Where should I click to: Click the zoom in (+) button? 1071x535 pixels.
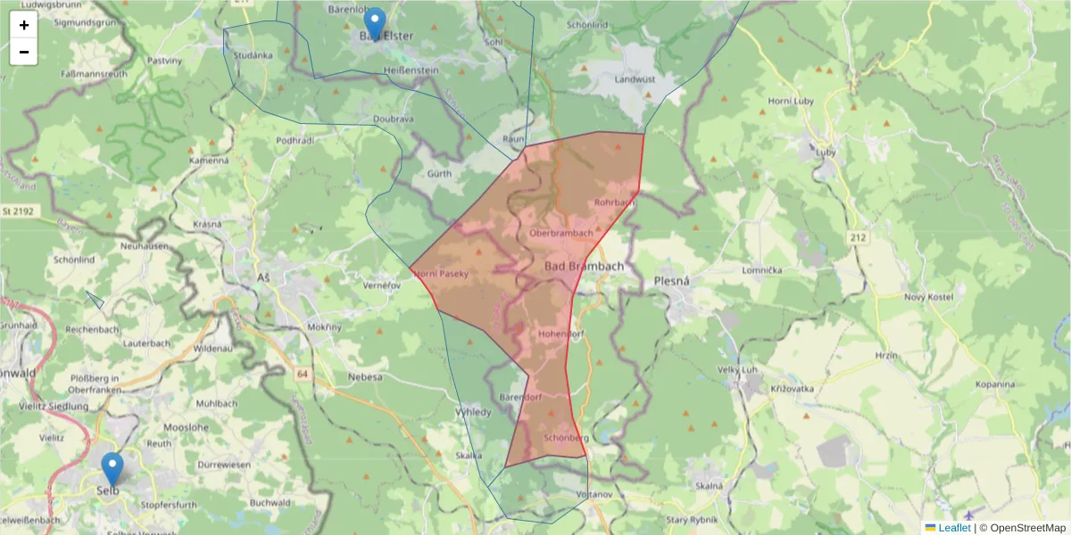point(23,25)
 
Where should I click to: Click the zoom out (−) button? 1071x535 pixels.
point(23,52)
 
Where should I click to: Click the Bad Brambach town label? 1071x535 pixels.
point(584,267)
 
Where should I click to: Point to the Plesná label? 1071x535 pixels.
point(673,281)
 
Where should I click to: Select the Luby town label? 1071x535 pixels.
point(826,152)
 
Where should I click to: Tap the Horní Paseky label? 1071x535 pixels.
point(441,274)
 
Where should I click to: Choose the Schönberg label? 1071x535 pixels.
point(564,439)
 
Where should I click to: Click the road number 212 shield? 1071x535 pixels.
point(859,238)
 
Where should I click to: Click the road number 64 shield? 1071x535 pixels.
point(303,374)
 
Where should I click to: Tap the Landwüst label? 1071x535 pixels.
point(635,79)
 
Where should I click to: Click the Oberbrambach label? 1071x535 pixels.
point(560,234)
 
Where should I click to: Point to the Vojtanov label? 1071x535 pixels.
point(594,494)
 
